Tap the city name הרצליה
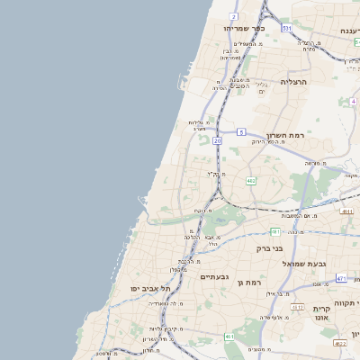click(x=293, y=82)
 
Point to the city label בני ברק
click(x=270, y=247)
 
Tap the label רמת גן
click(x=247, y=283)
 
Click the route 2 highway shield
click(x=233, y=16)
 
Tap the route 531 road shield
click(x=286, y=29)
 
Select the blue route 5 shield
click(x=241, y=131)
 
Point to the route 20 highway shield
click(x=217, y=140)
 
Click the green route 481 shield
click(x=274, y=232)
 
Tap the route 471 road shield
click(x=341, y=279)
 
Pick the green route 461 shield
click(x=229, y=336)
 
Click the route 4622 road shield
click(x=339, y=343)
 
